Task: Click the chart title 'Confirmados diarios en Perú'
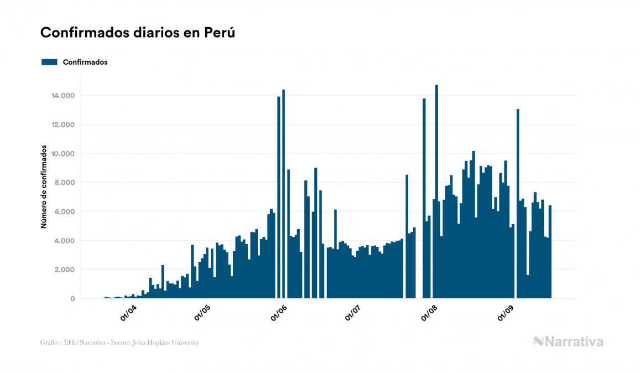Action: pyautogui.click(x=138, y=33)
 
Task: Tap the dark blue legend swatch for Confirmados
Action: pyautogui.click(x=49, y=62)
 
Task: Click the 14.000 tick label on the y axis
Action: pyautogui.click(x=63, y=96)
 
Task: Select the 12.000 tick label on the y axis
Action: pyautogui.click(x=63, y=125)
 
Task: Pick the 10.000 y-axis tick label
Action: pyautogui.click(x=63, y=154)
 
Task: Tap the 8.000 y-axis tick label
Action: pyautogui.click(x=65, y=183)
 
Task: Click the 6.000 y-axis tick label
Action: pyautogui.click(x=65, y=212)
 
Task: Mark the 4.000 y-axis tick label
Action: pyautogui.click(x=65, y=241)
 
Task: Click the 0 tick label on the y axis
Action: pyautogui.click(x=72, y=299)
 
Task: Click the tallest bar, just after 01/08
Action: pyautogui.click(x=436, y=194)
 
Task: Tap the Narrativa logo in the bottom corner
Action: pyautogui.click(x=568, y=341)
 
